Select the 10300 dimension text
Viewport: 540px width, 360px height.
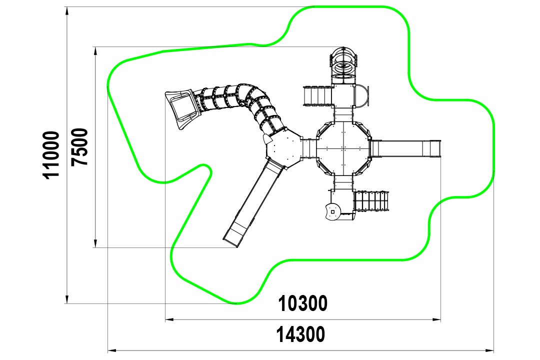coord(302,303)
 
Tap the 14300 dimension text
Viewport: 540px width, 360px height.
coord(300,334)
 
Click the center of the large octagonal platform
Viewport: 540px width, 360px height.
coord(343,148)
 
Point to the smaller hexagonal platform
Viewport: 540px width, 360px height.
coord(283,148)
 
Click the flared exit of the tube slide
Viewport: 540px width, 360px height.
coord(182,108)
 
